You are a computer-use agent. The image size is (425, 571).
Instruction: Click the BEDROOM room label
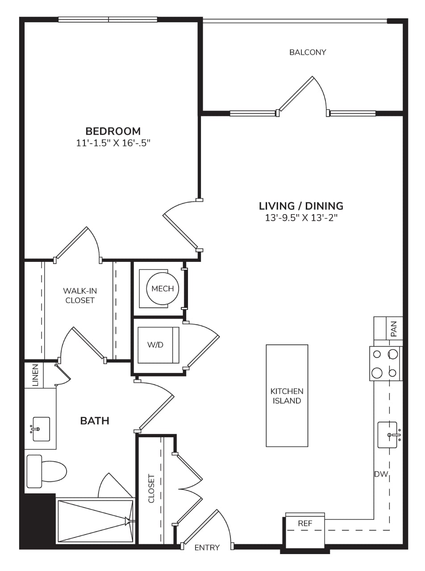113,131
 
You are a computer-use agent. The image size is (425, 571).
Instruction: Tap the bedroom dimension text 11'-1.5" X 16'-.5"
113,143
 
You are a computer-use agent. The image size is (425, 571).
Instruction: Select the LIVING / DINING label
301,206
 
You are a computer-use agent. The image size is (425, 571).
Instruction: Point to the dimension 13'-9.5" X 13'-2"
301,218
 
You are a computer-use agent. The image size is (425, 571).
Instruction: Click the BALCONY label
308,52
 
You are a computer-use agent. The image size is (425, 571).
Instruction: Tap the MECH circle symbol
162,289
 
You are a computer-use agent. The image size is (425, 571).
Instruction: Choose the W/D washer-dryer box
158,345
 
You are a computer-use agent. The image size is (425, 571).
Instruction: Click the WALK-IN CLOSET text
80,296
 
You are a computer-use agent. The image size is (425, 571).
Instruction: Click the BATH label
95,421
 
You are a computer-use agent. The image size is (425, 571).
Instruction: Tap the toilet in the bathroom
46,471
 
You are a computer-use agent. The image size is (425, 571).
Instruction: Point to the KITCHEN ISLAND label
287,396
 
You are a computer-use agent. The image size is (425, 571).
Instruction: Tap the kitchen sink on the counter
389,435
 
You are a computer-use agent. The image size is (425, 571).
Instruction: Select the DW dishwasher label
381,474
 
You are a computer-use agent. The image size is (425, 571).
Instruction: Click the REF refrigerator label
305,523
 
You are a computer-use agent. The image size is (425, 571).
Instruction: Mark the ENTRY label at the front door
207,547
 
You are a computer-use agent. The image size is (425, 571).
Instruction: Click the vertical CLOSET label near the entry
151,488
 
